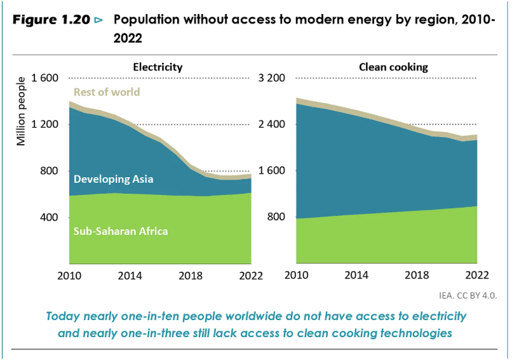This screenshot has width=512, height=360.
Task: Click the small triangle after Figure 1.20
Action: pyautogui.click(x=98, y=20)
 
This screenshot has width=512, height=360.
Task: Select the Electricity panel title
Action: pyautogui.click(x=158, y=67)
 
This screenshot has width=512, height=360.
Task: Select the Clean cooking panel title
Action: pyautogui.click(x=393, y=67)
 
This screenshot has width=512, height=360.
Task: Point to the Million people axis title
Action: pyautogui.click(x=22, y=111)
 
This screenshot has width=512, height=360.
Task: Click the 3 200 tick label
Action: pyautogui.click(x=271, y=78)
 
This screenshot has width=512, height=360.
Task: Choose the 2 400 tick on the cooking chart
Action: pyautogui.click(x=271, y=124)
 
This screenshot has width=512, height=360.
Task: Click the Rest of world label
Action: pyautogui.click(x=107, y=92)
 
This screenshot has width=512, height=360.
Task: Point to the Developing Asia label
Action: pyautogui.click(x=114, y=179)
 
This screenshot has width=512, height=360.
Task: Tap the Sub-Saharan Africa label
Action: pyautogui.click(x=121, y=231)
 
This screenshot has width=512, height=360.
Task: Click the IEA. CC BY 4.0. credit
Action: pyautogui.click(x=466, y=295)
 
